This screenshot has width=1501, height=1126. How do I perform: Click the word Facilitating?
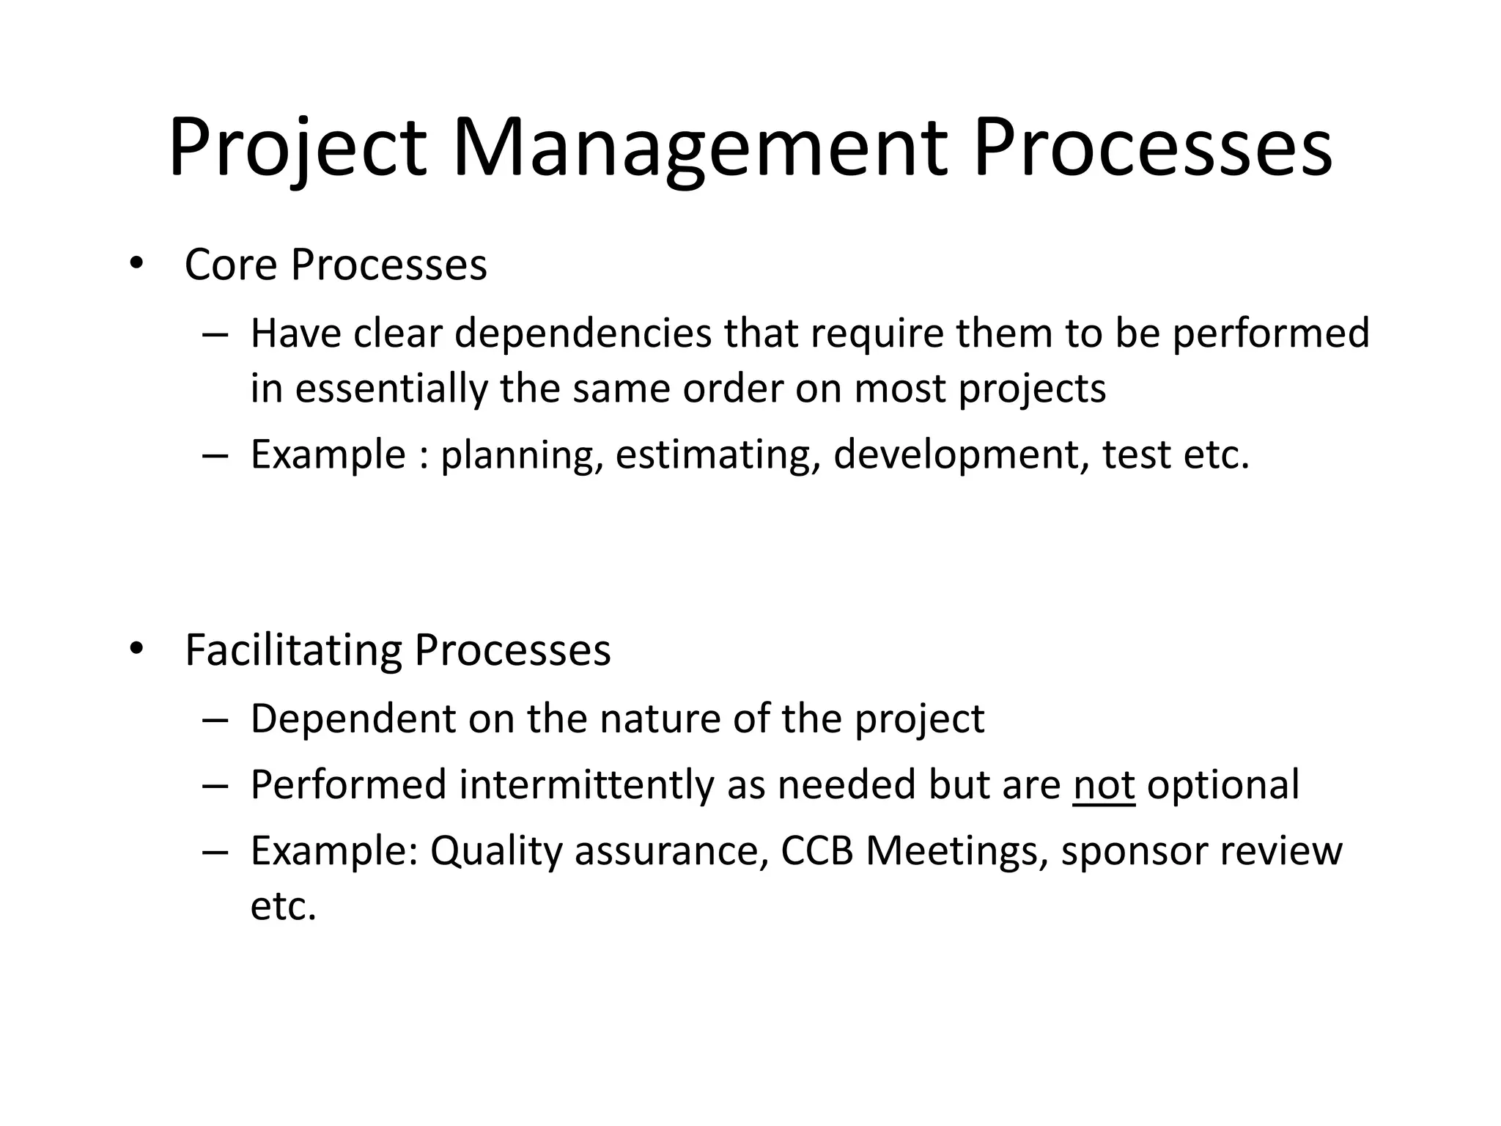(293, 650)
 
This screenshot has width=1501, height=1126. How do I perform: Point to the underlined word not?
(1104, 785)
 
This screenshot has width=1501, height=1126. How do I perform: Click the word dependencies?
(583, 334)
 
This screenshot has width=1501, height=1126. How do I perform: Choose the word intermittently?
(587, 785)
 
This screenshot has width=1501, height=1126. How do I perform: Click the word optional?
(1223, 785)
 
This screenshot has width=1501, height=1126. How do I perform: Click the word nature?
(660, 719)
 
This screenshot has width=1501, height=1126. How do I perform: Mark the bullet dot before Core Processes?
(135, 265)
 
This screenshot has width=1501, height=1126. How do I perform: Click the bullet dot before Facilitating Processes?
(135, 650)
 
